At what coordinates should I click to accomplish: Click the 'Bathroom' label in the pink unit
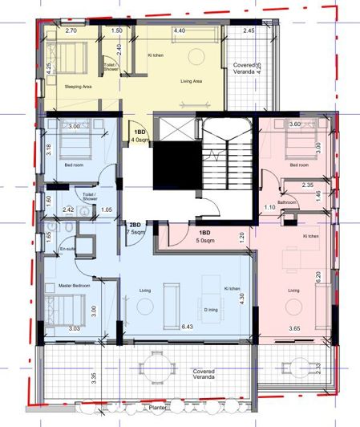(x=289, y=202)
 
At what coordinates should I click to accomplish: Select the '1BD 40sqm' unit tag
(x=139, y=135)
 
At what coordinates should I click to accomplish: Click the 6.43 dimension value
(x=189, y=327)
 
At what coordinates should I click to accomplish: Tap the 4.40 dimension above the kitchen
(x=180, y=31)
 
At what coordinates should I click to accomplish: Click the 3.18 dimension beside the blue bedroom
(x=49, y=149)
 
